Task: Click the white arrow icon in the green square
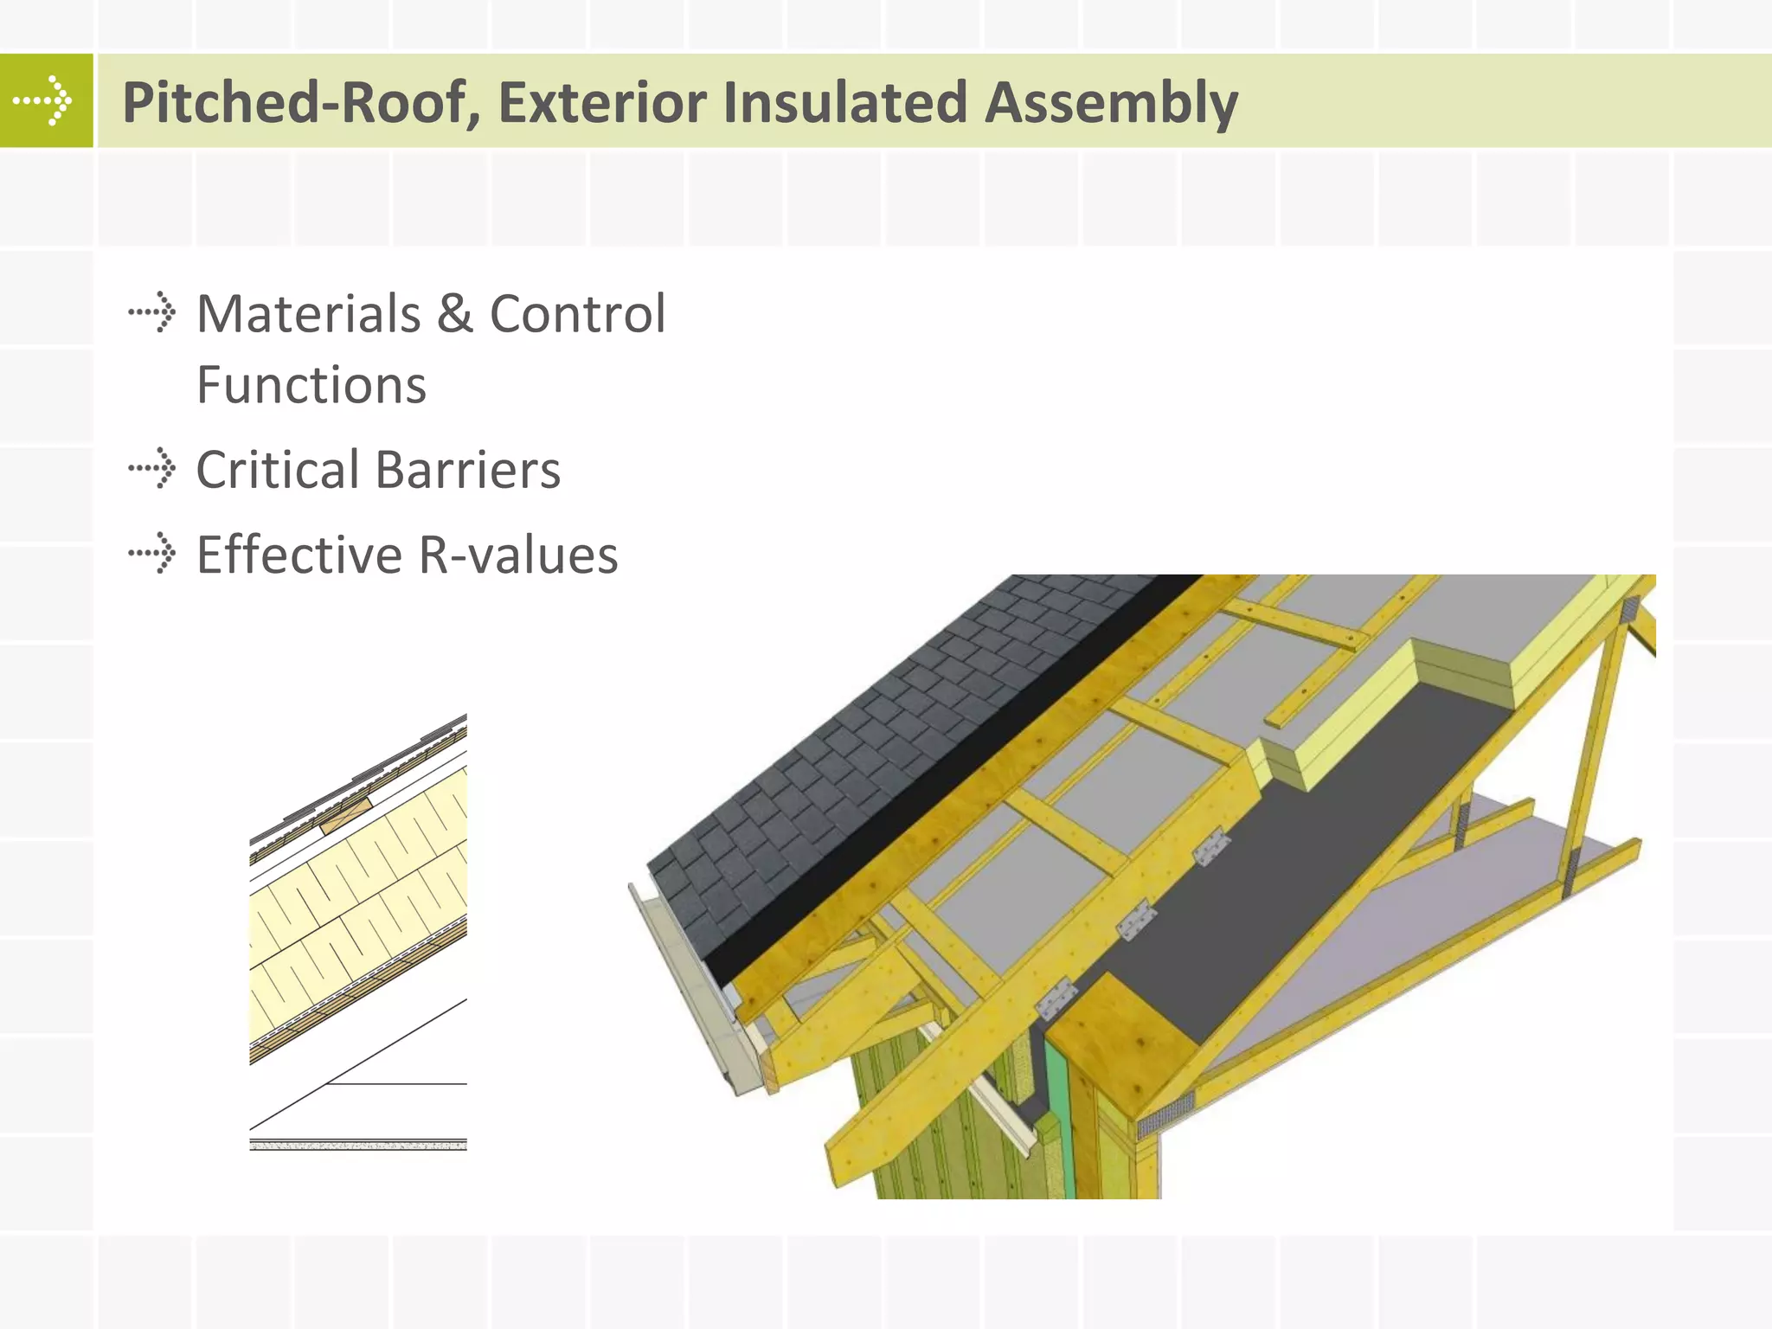43,100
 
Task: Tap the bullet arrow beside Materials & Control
152,312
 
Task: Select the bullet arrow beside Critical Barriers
152,469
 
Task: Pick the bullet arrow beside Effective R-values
152,554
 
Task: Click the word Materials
308,313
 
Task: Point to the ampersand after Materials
455,313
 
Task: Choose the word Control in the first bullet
578,313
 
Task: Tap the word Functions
311,385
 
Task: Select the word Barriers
468,470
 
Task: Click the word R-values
518,555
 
